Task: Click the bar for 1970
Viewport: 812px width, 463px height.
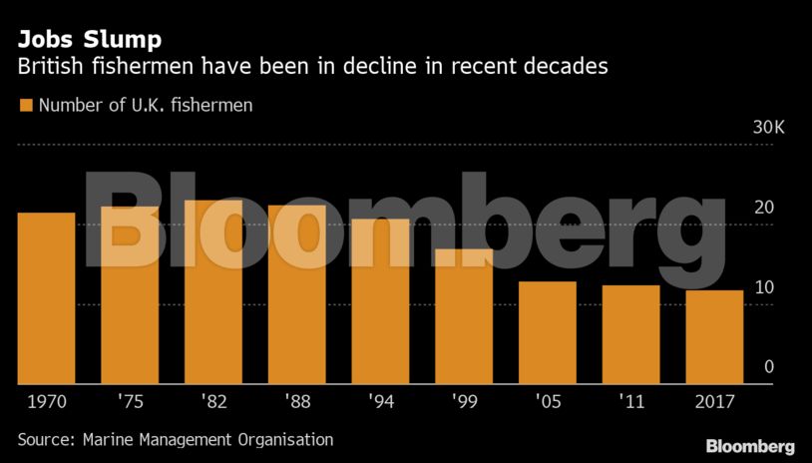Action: coord(47,298)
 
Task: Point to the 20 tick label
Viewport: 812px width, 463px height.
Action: coord(764,208)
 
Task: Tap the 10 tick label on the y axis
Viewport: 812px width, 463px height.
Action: coord(764,287)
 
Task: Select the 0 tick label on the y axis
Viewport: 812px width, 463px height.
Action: coord(769,367)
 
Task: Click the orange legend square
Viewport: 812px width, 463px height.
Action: coord(26,105)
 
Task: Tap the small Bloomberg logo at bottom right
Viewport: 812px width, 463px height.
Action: coord(750,446)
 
